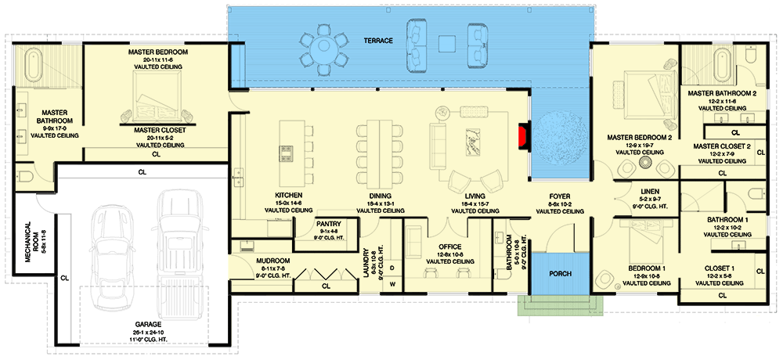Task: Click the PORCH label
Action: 559,275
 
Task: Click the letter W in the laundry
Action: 392,284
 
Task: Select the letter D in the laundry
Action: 392,268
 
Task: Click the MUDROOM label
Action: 273,261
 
